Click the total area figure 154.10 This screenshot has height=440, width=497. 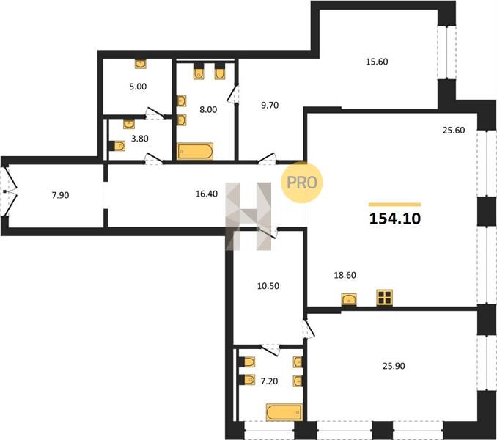tap(395, 219)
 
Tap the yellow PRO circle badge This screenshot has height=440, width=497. tap(302, 183)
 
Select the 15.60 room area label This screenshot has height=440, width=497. tap(377, 62)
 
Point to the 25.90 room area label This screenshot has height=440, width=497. tap(394, 366)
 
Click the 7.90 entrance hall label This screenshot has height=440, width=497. tap(60, 195)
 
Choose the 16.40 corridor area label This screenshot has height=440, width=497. tap(206, 194)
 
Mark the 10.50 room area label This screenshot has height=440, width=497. tap(268, 286)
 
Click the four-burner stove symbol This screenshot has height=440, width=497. tap(384, 298)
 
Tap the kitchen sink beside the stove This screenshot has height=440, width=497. tap(349, 299)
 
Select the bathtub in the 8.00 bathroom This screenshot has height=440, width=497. tap(195, 151)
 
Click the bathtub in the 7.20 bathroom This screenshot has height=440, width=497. tap(284, 412)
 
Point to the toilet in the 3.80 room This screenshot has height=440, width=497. tap(117, 146)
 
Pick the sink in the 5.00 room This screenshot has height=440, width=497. tap(141, 64)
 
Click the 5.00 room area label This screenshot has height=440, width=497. tap(138, 87)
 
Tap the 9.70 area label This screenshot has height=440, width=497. tap(270, 106)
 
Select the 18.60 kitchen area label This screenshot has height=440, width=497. tap(345, 275)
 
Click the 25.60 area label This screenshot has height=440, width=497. tap(454, 130)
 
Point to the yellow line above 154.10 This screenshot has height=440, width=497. tap(395, 205)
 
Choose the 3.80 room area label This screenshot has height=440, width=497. tap(140, 139)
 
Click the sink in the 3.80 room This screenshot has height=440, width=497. tap(129, 124)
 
